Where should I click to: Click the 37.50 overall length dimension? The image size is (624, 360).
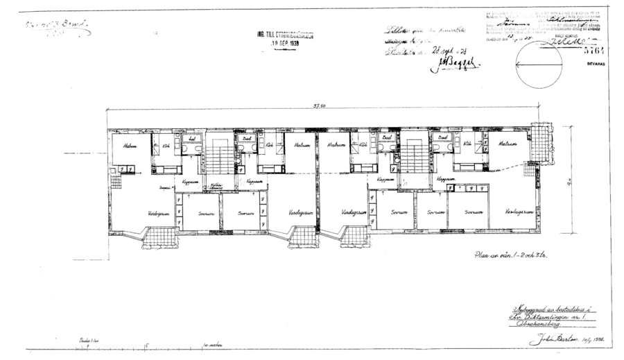[x=320, y=106]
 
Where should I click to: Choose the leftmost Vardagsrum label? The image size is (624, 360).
[x=159, y=214]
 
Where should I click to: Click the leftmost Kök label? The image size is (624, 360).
[x=166, y=146]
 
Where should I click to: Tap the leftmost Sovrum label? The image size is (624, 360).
[x=206, y=214]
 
